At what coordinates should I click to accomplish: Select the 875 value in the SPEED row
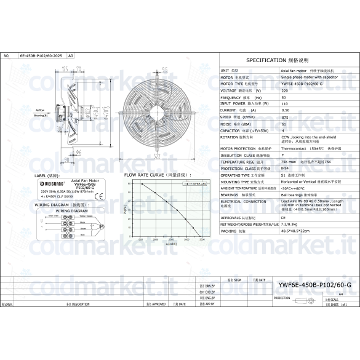pos(284,116)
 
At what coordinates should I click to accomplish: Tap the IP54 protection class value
pos(284,168)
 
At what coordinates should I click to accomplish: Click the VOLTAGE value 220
pos(284,90)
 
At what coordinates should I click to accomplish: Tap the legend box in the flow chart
pos(195,183)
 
